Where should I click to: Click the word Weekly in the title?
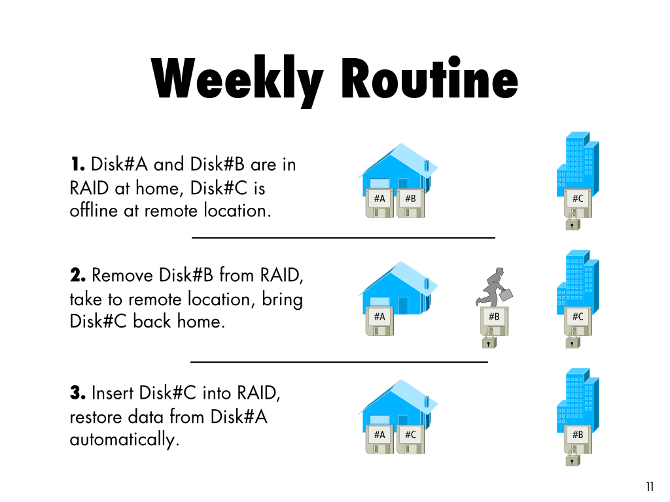click(x=237, y=81)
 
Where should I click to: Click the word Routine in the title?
click(x=429, y=78)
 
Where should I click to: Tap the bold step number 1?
click(x=77, y=164)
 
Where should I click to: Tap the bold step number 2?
click(x=78, y=275)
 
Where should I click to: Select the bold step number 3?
click(x=78, y=393)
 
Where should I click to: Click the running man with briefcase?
click(x=494, y=288)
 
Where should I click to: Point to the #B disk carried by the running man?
click(x=495, y=321)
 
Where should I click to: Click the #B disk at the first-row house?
click(x=411, y=203)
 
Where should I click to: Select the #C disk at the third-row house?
click(x=411, y=439)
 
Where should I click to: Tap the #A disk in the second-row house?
click(x=379, y=321)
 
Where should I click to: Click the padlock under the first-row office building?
click(x=573, y=222)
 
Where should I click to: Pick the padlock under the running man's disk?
click(x=489, y=341)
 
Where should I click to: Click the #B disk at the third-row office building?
click(x=578, y=439)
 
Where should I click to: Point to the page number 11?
click(x=650, y=486)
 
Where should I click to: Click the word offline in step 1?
click(x=94, y=210)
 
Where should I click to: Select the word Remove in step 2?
click(x=122, y=275)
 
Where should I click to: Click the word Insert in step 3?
click(x=113, y=393)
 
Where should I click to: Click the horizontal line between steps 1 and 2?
click(x=343, y=238)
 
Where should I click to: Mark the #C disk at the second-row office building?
click(x=578, y=321)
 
